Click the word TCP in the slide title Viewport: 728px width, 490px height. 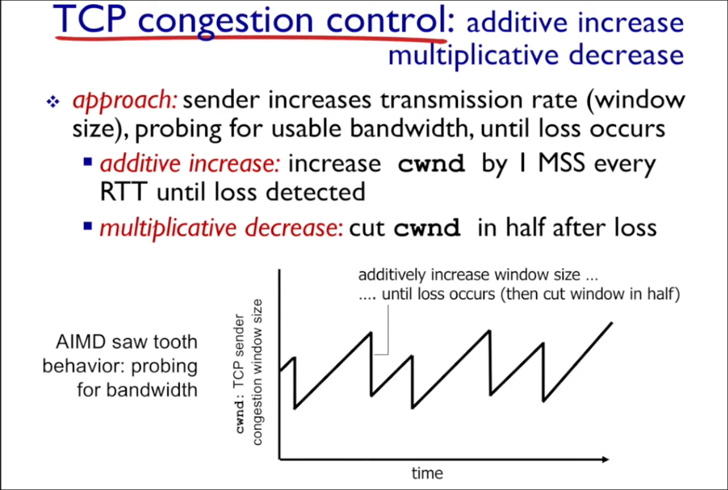coord(94,20)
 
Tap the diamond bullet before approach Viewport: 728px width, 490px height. coord(52,103)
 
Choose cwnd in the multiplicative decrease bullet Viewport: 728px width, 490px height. coord(427,228)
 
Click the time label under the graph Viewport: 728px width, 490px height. coord(427,473)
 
